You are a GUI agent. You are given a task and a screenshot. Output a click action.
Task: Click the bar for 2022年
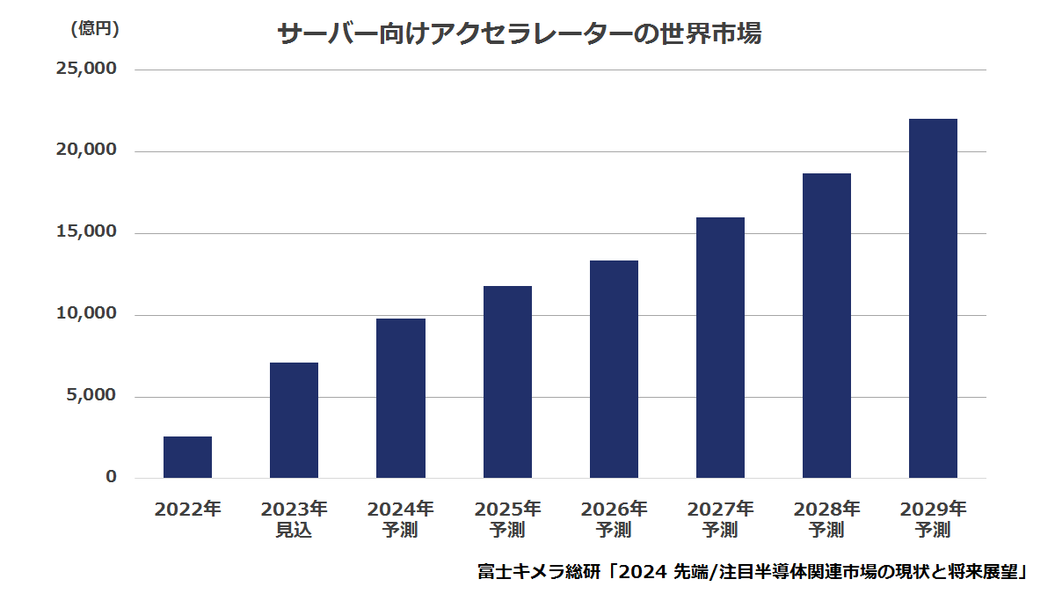point(187,457)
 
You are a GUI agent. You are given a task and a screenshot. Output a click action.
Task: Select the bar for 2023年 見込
point(294,420)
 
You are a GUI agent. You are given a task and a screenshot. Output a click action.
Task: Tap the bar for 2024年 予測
point(400,399)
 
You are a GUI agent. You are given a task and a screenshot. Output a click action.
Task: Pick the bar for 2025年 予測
point(507,382)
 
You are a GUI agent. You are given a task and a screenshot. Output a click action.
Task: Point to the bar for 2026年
point(614,369)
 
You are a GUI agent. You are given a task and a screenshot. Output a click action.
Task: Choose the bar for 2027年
point(720,348)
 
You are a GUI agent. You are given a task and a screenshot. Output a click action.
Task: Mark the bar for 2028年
point(826,326)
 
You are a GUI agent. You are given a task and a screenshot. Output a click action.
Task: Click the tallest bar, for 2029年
point(933,298)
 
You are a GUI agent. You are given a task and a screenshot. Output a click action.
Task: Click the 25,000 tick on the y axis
point(86,69)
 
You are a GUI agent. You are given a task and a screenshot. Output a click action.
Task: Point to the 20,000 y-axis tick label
point(86,150)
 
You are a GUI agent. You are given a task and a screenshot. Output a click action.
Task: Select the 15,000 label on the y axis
point(86,231)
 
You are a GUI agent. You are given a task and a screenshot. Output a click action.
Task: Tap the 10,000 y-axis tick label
point(86,313)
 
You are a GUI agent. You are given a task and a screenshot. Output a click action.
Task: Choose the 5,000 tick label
point(91,395)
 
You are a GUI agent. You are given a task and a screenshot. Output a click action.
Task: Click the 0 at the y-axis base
point(111,477)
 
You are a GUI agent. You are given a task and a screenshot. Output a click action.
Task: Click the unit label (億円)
point(95,29)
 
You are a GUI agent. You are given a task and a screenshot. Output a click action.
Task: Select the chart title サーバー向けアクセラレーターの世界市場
point(520,34)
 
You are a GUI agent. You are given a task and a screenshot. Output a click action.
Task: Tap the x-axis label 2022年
point(187,510)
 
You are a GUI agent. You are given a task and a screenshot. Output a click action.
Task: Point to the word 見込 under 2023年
point(294,531)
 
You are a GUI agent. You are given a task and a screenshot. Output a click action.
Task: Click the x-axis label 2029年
point(933,510)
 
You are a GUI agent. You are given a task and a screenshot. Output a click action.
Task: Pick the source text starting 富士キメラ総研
point(753,572)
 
